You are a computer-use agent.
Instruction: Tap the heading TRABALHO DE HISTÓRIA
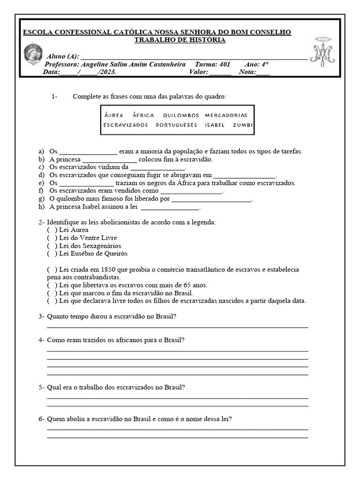tap(180, 40)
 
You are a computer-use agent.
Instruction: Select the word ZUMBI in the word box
tap(243, 125)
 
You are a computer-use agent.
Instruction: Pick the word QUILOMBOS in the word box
tap(181, 115)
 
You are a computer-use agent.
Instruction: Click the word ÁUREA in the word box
tap(113, 115)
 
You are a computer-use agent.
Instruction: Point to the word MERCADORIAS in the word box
tap(226, 115)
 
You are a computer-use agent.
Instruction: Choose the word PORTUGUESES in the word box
tap(177, 125)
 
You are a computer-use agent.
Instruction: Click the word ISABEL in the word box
tap(215, 125)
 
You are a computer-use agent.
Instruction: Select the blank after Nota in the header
tap(262, 73)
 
